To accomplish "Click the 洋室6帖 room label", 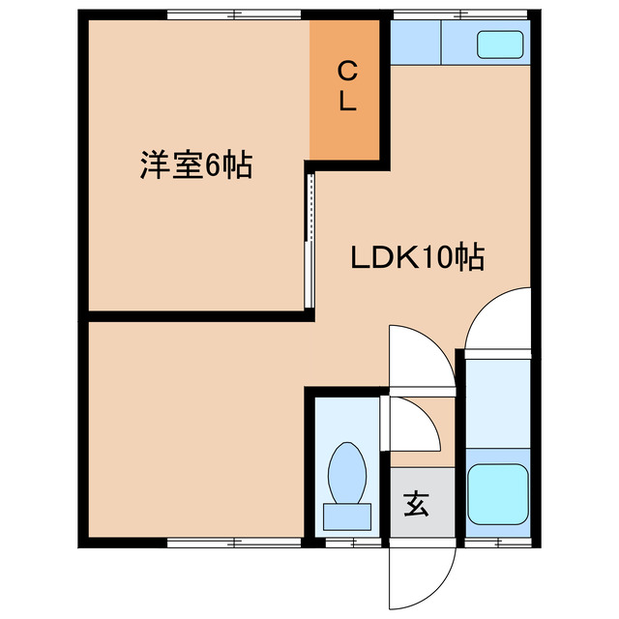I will click(196, 165).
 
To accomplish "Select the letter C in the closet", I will click(348, 70).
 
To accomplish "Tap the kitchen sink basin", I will click(502, 44).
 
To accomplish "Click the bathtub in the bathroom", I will click(497, 493).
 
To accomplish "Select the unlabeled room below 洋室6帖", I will click(193, 426).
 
